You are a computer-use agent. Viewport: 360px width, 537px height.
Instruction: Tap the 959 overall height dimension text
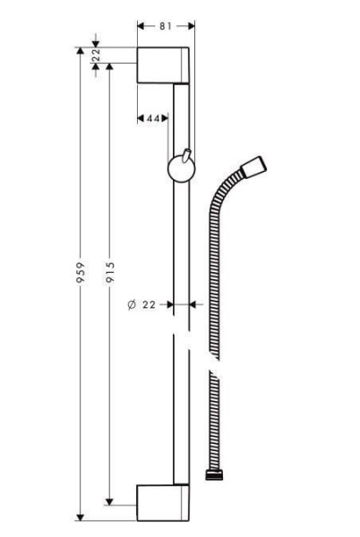point(80,274)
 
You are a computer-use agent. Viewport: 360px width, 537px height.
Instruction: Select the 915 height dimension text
point(108,274)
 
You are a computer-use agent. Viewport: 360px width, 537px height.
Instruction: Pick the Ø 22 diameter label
point(142,305)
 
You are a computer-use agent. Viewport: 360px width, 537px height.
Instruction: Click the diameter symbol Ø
point(132,305)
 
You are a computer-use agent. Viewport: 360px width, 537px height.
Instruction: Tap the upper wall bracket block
point(163,67)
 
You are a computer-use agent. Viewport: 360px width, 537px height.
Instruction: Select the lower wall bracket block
point(163,501)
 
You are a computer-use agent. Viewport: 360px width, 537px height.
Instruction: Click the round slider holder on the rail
point(182,169)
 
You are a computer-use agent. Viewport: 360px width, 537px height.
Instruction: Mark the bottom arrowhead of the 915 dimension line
point(108,498)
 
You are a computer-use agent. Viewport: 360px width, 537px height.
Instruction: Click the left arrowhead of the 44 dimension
point(141,118)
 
